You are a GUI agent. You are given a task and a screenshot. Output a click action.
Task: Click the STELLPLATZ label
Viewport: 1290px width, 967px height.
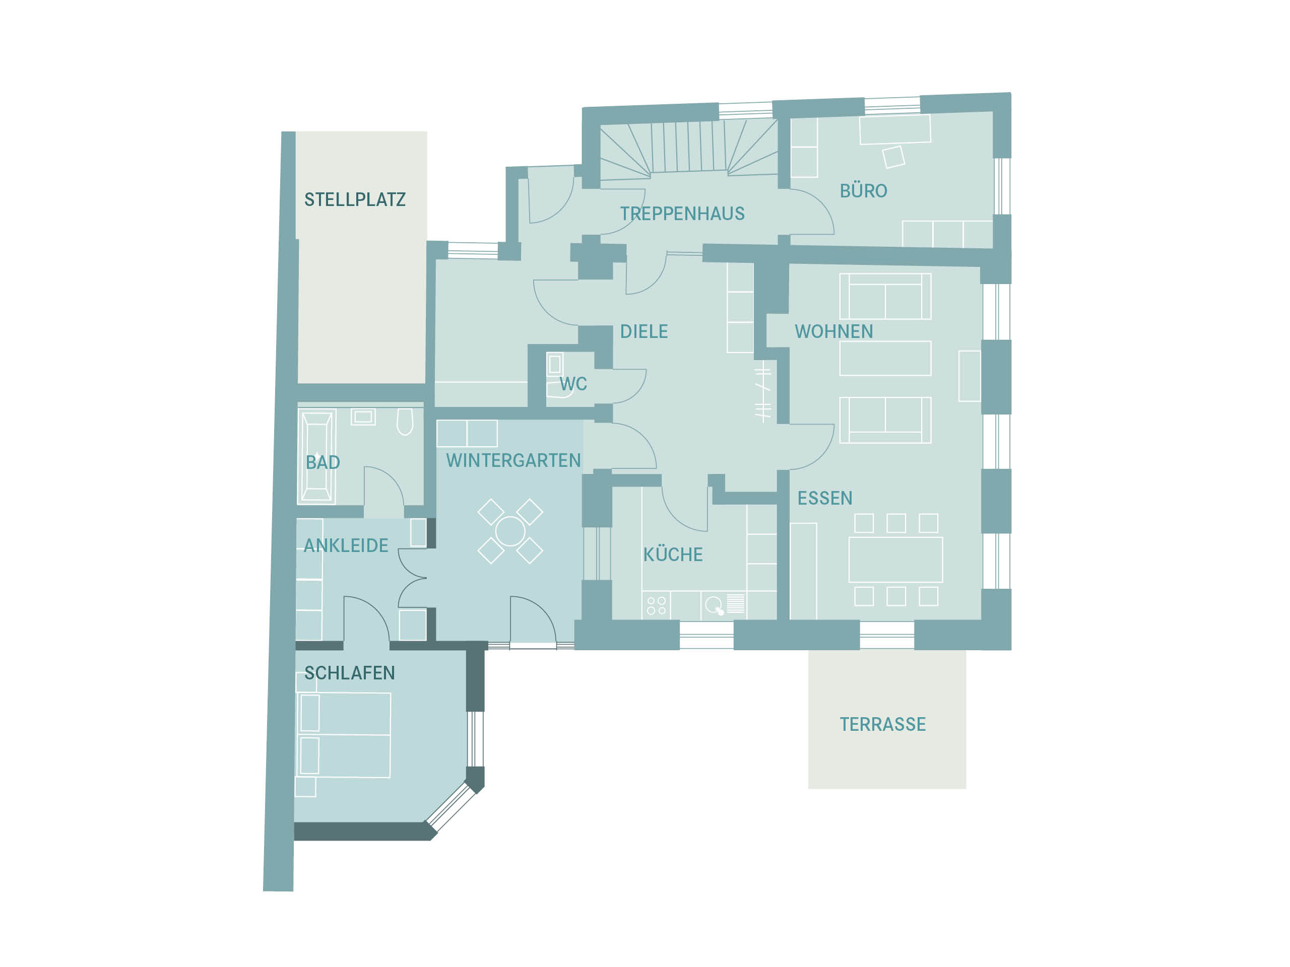[355, 200]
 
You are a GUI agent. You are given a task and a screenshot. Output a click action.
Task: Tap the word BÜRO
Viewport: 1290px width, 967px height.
[863, 190]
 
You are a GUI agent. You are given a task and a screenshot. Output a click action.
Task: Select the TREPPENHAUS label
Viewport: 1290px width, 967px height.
[682, 214]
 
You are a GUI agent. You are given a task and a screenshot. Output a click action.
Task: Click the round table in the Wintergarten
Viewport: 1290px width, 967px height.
[510, 531]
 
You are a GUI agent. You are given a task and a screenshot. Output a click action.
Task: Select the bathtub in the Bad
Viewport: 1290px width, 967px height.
[316, 456]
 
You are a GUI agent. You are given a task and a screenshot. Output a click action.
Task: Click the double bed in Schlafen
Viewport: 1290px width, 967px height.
[344, 735]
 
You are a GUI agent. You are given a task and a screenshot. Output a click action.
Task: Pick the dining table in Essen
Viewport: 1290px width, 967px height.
[895, 560]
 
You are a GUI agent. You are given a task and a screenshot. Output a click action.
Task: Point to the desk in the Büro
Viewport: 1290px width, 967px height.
[894, 129]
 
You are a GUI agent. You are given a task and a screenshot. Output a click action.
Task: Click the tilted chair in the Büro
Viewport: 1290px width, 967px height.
[893, 157]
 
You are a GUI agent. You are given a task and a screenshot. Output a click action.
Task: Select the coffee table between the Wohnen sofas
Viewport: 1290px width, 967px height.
[885, 359]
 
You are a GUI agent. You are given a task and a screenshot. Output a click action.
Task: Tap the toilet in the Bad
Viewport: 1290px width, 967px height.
[405, 422]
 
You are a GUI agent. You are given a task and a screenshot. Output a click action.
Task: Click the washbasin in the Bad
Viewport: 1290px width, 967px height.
[363, 417]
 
